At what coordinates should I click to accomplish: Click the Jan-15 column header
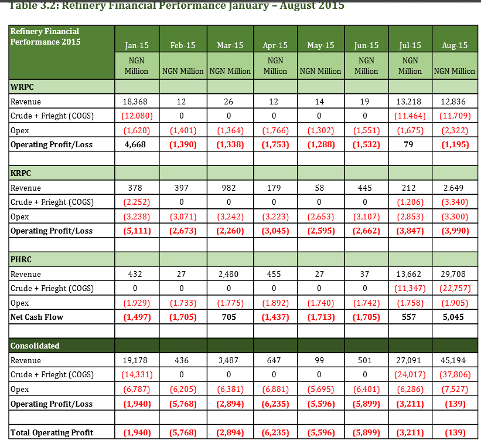(137, 45)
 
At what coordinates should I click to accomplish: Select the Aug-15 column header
(455, 45)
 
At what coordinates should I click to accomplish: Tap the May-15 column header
(320, 45)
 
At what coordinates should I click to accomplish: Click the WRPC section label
(22, 87)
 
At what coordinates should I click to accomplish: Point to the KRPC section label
(21, 173)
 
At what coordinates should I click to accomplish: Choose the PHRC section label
(21, 259)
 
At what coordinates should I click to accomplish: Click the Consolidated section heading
(35, 346)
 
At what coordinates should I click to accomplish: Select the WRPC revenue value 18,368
(135, 102)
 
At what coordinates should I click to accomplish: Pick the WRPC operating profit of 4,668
(135, 145)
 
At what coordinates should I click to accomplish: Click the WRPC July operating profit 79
(408, 145)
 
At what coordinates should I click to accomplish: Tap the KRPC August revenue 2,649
(453, 188)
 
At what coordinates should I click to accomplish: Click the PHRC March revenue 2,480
(228, 275)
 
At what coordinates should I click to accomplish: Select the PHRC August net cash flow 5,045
(453, 317)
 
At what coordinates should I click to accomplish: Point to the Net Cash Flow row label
(37, 317)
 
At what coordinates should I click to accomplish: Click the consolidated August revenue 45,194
(453, 360)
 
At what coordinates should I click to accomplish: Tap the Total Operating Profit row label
(52, 432)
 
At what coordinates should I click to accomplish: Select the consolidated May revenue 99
(319, 360)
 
